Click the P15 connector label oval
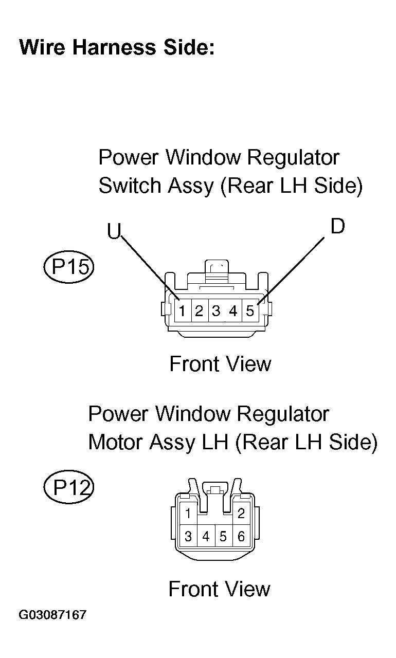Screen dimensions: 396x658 (69, 267)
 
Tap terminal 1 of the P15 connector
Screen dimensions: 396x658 (183, 310)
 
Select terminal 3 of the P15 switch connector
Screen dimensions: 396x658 (217, 310)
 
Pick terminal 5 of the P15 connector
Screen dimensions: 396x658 (250, 310)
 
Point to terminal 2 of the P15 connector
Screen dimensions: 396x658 (200, 310)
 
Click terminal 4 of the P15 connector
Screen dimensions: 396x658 (233, 310)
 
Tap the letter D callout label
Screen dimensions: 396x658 (337, 226)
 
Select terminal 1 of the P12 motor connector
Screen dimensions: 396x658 (188, 513)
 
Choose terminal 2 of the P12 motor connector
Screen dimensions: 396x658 (241, 513)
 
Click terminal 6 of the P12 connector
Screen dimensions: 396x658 (241, 536)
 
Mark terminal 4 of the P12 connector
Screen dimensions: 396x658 (206, 536)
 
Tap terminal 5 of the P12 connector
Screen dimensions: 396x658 (224, 536)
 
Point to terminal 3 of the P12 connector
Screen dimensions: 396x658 (188, 536)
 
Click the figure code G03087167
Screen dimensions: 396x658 (52, 614)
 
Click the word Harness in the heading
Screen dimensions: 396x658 (114, 47)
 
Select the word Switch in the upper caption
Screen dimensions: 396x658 (130, 186)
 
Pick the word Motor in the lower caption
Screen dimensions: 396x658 (116, 442)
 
